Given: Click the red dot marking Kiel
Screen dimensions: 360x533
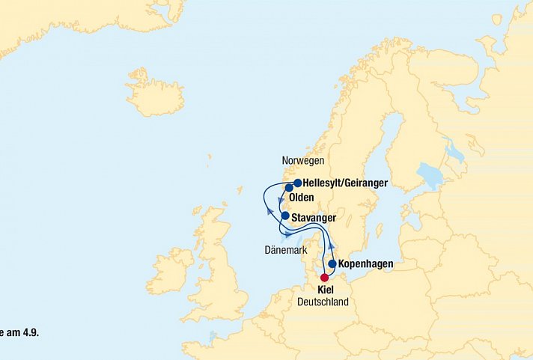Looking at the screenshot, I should point(324,278).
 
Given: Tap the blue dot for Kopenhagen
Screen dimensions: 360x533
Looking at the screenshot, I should point(332,263).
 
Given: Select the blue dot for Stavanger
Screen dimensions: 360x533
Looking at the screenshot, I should point(284,216).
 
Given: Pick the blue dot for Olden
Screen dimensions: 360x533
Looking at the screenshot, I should point(288,188).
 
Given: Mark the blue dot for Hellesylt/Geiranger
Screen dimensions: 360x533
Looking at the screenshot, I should point(297,183).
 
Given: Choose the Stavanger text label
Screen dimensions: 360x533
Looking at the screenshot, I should point(314,217).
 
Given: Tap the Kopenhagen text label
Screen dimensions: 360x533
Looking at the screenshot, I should point(365,264).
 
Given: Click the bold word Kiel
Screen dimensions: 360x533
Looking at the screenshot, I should point(326,290).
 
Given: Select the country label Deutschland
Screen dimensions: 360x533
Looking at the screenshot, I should point(323,302).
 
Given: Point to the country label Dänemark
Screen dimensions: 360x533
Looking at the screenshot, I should point(286,249).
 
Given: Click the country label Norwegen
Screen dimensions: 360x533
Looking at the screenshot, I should point(303,161).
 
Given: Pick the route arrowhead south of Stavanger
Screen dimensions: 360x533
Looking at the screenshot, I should point(288,234).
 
